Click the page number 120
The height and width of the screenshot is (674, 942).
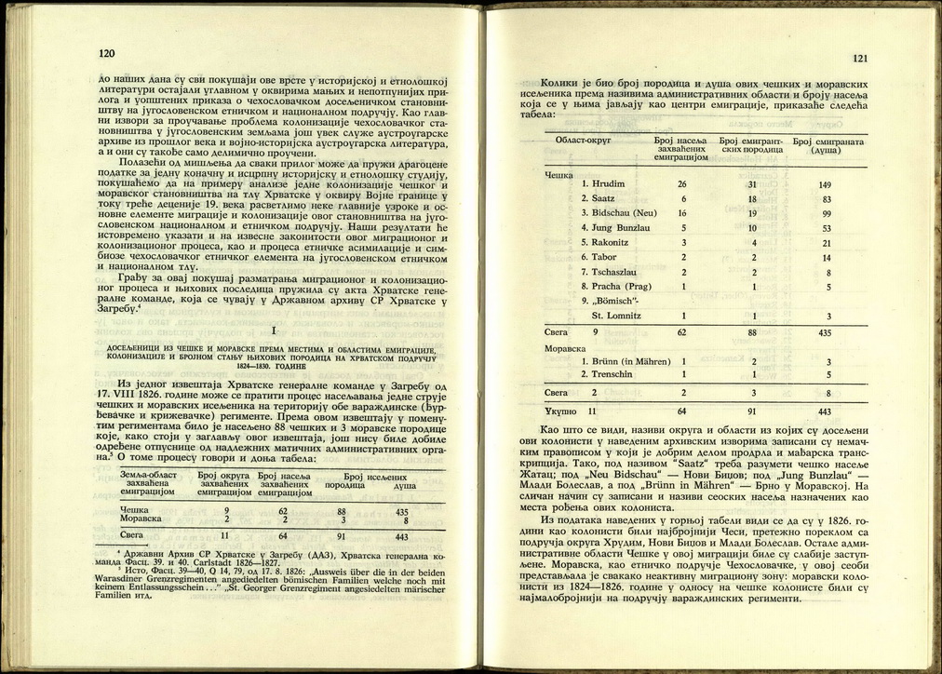click(x=107, y=54)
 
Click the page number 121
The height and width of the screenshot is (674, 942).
click(x=859, y=58)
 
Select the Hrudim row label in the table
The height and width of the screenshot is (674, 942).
click(x=601, y=184)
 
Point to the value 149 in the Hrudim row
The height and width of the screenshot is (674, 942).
click(x=826, y=184)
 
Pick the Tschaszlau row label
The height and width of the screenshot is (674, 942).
click(x=609, y=272)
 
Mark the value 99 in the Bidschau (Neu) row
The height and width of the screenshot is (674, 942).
click(x=826, y=213)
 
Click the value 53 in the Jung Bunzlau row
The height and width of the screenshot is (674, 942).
click(x=826, y=228)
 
